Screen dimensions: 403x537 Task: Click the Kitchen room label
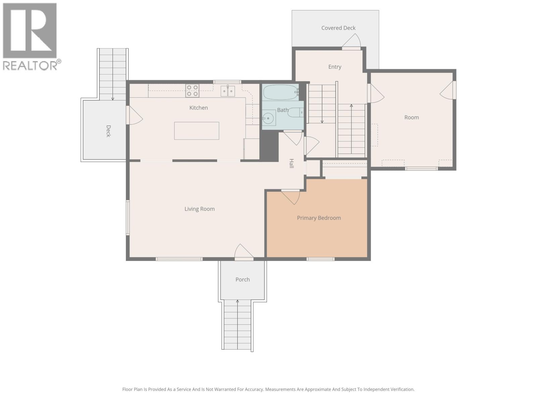click(198, 108)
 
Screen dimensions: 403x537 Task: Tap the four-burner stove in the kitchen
click(192, 91)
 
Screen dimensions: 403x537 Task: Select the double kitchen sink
click(228, 91)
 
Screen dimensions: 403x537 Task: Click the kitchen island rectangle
click(197, 131)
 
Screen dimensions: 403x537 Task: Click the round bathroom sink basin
click(268, 119)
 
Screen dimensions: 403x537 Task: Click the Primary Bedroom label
click(319, 218)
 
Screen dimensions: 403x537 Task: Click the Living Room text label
click(199, 209)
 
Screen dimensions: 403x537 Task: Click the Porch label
click(242, 279)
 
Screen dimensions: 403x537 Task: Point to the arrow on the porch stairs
click(238, 302)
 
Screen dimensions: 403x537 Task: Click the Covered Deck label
click(338, 28)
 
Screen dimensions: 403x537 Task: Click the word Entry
click(335, 67)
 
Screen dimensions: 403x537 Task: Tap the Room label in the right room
click(411, 118)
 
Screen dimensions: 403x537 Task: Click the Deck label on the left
click(108, 131)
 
